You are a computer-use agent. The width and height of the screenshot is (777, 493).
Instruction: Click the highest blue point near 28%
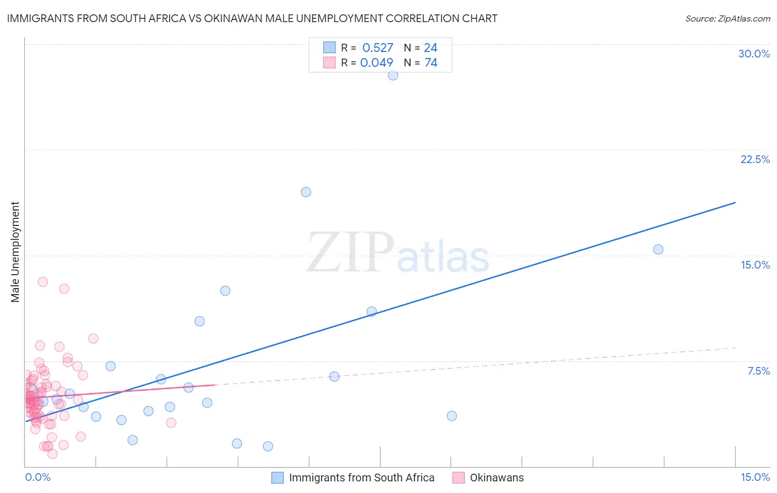[x=393, y=75]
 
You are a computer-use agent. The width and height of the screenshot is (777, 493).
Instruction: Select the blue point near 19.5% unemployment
[x=306, y=192]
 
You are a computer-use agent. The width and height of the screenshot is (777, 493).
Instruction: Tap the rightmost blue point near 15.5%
[x=658, y=249]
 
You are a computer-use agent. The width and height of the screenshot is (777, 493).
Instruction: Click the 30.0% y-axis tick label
[x=754, y=54]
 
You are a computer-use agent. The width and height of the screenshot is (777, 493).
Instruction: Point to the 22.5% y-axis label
[x=755, y=159]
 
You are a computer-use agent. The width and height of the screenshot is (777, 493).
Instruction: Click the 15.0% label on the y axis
[x=755, y=265]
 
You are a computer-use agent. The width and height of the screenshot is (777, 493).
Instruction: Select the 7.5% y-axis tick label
[x=758, y=371]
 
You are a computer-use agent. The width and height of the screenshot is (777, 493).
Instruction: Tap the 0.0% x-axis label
[x=38, y=477]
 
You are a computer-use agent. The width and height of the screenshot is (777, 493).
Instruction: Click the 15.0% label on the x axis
[x=755, y=477]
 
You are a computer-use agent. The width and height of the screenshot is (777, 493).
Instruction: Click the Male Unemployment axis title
[x=15, y=252]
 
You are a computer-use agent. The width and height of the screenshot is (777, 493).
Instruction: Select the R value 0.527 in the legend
[x=377, y=48]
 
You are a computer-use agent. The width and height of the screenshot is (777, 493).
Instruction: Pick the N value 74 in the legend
[x=431, y=63]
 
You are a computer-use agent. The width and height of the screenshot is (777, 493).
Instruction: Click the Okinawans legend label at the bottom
[x=496, y=478]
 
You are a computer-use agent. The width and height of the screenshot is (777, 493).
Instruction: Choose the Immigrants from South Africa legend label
[x=361, y=478]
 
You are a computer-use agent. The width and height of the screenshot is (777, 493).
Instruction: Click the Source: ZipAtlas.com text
[x=727, y=19]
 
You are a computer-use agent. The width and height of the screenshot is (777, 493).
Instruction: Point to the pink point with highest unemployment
[x=43, y=282]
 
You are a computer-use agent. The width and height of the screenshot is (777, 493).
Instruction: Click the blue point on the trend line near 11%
[x=371, y=311]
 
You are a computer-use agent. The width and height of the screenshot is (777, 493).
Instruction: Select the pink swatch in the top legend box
[x=329, y=62]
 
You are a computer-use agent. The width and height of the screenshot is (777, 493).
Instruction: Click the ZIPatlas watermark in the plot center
[x=398, y=253]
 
